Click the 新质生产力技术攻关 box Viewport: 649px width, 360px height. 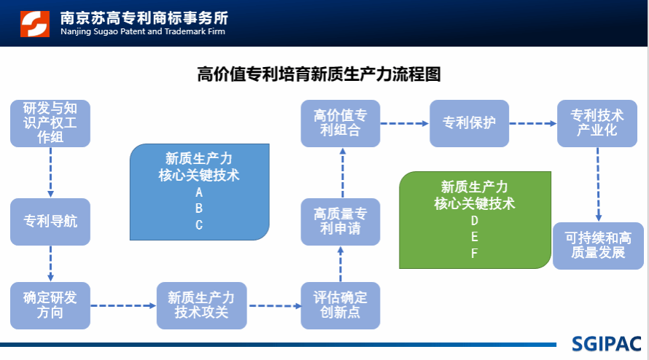(x=201, y=305)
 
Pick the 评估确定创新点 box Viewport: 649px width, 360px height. (x=341, y=305)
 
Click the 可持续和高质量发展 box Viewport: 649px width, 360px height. (x=598, y=245)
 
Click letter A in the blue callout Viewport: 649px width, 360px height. (x=199, y=193)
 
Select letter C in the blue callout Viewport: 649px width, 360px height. (x=199, y=225)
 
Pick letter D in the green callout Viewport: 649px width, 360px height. (x=474, y=220)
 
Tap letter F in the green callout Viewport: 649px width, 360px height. (x=474, y=253)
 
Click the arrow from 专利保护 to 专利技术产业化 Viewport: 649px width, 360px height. (x=532, y=123)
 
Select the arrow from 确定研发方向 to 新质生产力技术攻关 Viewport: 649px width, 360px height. (x=123, y=306)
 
